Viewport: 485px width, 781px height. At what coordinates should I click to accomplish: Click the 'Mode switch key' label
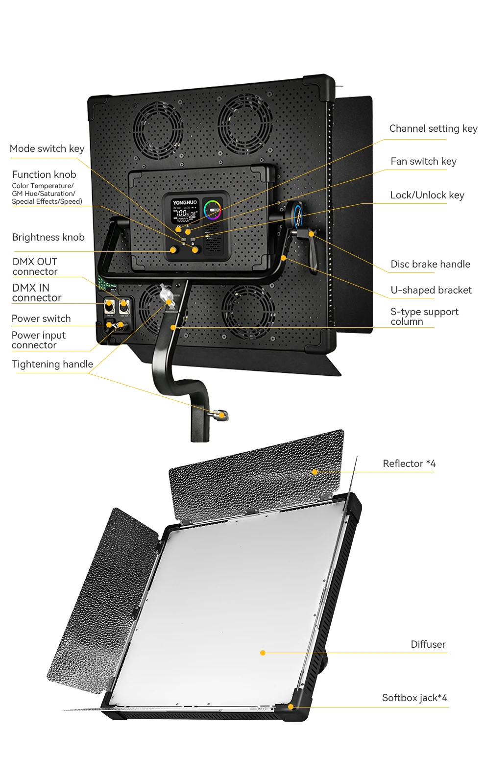tap(47, 148)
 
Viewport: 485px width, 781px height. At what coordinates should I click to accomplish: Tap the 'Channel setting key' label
tap(433, 128)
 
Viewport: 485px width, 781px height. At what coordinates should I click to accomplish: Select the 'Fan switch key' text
tap(423, 161)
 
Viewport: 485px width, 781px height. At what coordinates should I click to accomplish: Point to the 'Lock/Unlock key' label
tap(427, 195)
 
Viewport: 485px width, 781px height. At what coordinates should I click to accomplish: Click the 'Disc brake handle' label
tap(430, 264)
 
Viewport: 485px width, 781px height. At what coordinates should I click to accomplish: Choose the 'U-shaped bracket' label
tap(431, 290)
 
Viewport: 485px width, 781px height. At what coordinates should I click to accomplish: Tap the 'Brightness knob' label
tap(48, 237)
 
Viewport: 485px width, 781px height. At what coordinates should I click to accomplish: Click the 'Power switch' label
tap(41, 318)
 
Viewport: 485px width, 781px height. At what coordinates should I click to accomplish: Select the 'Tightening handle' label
tap(52, 364)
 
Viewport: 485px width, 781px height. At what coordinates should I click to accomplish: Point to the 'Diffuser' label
tap(428, 644)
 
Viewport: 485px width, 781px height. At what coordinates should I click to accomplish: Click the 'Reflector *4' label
tap(409, 464)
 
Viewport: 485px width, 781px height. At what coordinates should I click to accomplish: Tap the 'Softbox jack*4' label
tap(414, 698)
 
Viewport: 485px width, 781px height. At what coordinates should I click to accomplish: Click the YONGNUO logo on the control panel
tap(185, 202)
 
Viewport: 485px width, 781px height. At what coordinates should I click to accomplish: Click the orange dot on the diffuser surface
tap(263, 653)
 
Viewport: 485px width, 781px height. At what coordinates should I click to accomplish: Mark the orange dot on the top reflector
tap(315, 472)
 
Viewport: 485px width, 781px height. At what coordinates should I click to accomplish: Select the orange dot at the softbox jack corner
tap(291, 707)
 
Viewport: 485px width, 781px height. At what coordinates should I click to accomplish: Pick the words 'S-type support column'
tap(424, 317)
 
